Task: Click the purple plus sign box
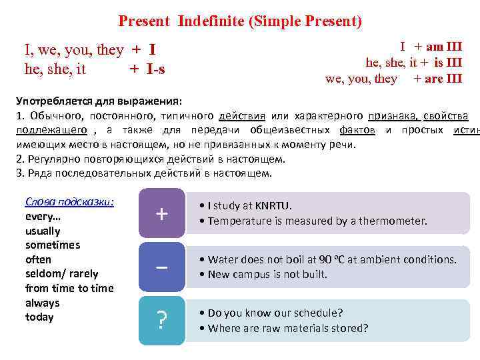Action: [161, 213]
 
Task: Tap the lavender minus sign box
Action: [161, 267]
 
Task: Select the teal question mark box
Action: [161, 321]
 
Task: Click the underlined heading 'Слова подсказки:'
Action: [69, 202]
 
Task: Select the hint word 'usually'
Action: [43, 231]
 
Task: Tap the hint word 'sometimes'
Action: [53, 245]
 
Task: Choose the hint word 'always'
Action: [42, 303]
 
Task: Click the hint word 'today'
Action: [39, 317]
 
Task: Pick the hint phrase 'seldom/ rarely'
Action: [61, 273]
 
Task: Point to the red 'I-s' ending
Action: [155, 68]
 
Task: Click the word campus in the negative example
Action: [257, 274]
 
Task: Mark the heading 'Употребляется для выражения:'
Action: [98, 101]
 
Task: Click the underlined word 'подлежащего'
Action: [51, 129]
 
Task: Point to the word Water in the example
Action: [223, 259]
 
